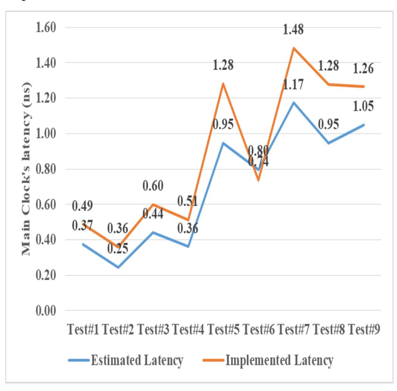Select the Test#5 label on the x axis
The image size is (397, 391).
click(x=223, y=330)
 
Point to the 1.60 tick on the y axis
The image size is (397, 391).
click(x=46, y=28)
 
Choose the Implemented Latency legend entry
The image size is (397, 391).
click(x=280, y=360)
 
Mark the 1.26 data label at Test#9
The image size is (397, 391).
click(x=364, y=69)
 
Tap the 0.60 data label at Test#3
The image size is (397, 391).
click(x=153, y=186)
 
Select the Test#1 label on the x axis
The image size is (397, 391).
click(x=83, y=330)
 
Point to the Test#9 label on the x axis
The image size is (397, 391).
click(x=364, y=330)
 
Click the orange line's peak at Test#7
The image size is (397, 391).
click(x=293, y=48)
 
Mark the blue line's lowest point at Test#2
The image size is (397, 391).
click(x=118, y=267)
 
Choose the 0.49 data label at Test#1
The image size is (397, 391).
click(x=83, y=207)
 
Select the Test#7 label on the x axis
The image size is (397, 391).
click(x=294, y=330)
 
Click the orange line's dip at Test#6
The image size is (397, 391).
click(x=258, y=180)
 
